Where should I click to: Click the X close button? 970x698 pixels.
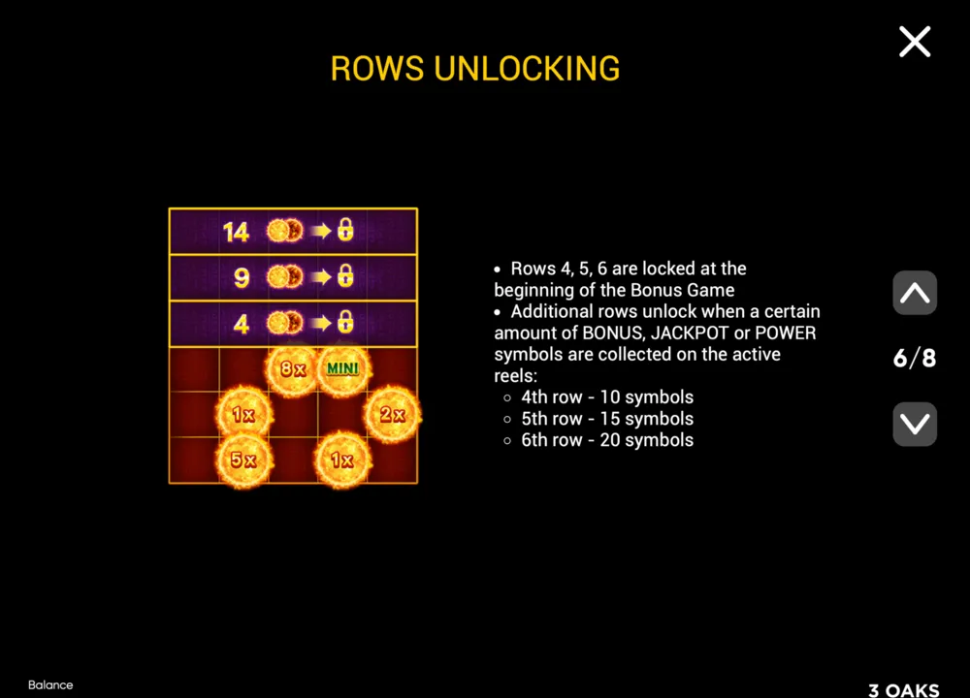point(915,42)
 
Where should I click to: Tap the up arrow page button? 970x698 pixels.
point(915,293)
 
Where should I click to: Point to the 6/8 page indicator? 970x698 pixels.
point(915,358)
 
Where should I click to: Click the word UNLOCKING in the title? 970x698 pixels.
point(527,69)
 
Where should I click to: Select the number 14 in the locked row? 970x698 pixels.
point(236,233)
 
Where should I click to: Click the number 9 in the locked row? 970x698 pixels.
point(242,278)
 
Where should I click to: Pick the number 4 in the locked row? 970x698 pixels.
point(242,324)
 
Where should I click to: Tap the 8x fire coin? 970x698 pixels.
point(293,369)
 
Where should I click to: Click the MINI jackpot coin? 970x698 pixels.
point(342,369)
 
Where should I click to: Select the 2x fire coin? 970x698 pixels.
point(392,414)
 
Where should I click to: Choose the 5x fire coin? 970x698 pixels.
point(243,460)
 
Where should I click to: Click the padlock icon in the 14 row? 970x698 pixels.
point(345,230)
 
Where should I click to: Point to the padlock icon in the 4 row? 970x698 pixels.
point(345,322)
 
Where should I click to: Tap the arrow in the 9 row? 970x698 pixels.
point(321,277)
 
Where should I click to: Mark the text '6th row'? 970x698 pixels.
point(552,440)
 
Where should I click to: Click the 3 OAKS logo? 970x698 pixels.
point(904,690)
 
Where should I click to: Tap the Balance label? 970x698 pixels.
point(50,685)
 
